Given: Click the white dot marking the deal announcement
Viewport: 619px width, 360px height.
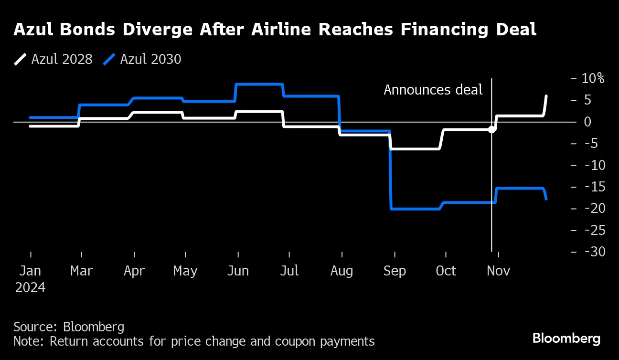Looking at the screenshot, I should tap(491, 129).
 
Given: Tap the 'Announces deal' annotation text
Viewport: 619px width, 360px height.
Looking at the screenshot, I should tap(433, 90).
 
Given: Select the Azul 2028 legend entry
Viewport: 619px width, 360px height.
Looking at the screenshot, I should tap(53, 59).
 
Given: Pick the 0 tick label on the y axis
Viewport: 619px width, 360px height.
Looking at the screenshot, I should tap(588, 122).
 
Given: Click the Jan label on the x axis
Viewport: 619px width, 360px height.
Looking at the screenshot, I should tap(30, 271).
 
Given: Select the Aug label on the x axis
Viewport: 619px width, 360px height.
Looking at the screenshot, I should tap(342, 271).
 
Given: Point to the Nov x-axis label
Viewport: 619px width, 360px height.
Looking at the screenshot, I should tap(498, 271).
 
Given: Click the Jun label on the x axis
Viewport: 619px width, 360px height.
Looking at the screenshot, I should tap(238, 271).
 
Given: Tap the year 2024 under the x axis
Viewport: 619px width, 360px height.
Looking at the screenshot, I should tap(30, 288).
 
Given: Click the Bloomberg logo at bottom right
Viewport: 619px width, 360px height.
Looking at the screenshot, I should tap(566, 339).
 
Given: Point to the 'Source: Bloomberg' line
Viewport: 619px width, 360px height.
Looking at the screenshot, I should tap(69, 327).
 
